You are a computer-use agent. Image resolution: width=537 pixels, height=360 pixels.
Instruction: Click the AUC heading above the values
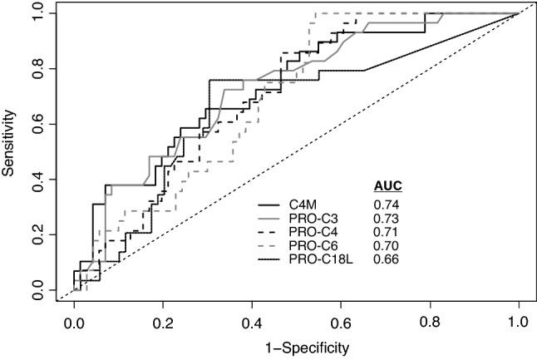pyautogui.click(x=386, y=185)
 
